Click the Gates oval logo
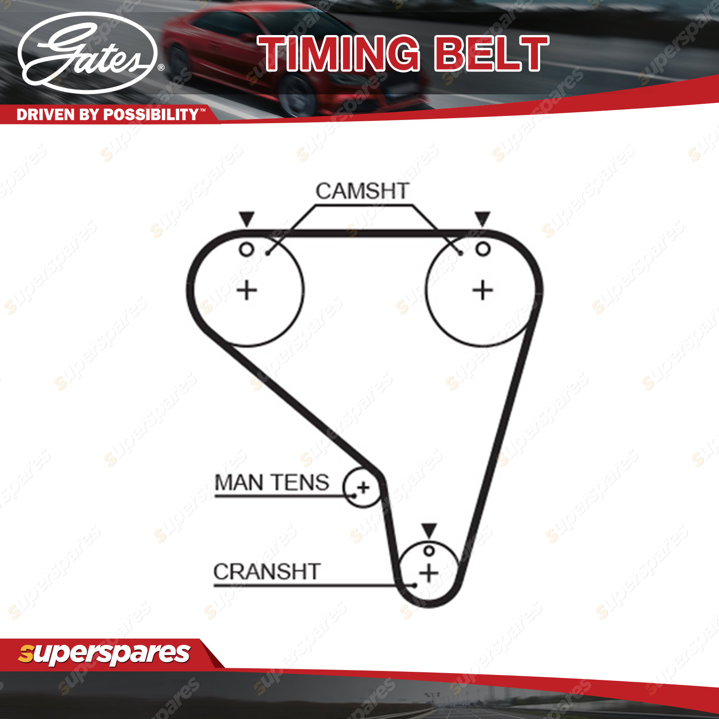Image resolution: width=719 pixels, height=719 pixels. click(88, 53)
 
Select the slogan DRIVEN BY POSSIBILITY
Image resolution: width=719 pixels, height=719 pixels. click(108, 115)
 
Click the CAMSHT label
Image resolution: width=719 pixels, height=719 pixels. click(362, 191)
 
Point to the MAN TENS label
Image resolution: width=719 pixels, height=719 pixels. click(272, 483)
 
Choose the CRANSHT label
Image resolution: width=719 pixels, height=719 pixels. click(267, 572)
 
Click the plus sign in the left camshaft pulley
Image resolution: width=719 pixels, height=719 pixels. click(247, 290)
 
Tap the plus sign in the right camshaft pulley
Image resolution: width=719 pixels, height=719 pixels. click(483, 290)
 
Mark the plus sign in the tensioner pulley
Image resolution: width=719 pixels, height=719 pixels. click(363, 488)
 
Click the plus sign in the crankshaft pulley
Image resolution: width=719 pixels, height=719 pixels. click(429, 573)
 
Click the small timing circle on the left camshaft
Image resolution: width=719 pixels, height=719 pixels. click(247, 249)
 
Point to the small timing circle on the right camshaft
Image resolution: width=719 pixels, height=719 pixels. click(483, 249)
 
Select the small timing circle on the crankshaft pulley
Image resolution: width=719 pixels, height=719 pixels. click(429, 551)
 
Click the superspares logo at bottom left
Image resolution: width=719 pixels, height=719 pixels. click(104, 654)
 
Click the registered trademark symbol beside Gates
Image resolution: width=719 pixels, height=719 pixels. click(161, 68)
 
